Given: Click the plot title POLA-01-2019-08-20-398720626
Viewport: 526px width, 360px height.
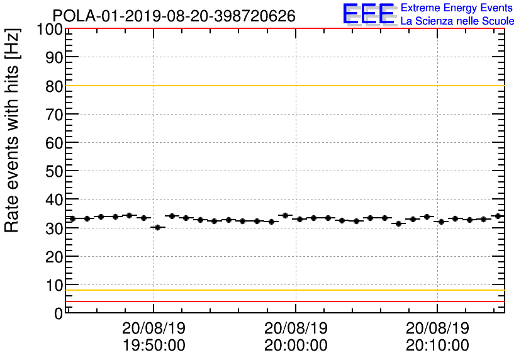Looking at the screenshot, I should (x=174, y=16).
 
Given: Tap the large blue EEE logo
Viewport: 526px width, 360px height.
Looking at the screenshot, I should (x=368, y=14).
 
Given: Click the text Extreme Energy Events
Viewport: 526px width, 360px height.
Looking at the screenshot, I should (x=457, y=8).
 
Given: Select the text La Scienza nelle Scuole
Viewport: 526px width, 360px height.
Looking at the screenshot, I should (x=457, y=21).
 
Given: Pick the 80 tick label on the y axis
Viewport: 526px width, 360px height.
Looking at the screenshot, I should (x=54, y=86).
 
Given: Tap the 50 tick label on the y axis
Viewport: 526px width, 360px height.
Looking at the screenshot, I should (x=54, y=171).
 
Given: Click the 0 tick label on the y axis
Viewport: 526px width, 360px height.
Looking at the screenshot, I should (x=58, y=313).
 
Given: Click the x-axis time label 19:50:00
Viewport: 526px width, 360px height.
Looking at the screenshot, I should (x=154, y=346).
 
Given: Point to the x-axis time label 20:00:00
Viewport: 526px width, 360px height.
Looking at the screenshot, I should (x=296, y=346).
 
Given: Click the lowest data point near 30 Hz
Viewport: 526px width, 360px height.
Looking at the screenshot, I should (x=157, y=227).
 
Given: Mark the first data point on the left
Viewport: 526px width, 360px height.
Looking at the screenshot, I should (x=72, y=218).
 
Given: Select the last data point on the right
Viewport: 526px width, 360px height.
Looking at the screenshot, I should (x=498, y=216).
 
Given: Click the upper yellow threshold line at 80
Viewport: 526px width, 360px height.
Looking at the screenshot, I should (x=283, y=86).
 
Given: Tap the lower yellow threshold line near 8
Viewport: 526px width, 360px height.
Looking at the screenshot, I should (x=283, y=290).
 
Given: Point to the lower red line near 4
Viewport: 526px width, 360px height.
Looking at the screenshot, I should (x=283, y=301).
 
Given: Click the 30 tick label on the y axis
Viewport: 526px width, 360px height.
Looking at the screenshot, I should (x=54, y=228).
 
